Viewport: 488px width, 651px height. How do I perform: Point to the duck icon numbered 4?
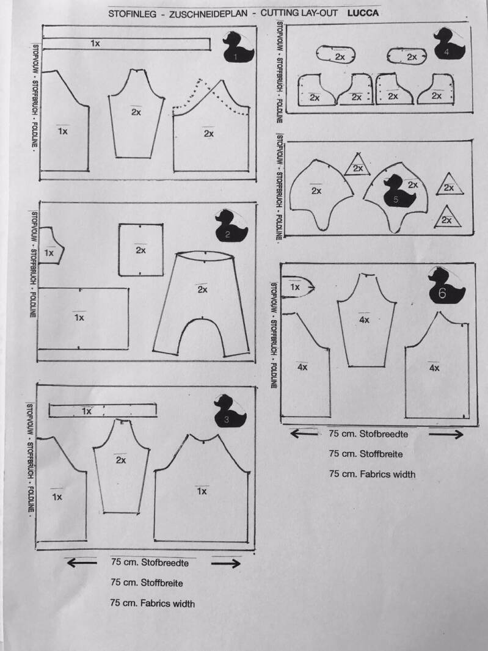pyautogui.click(x=448, y=45)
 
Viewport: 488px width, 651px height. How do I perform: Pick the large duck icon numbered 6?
pyautogui.click(x=443, y=286)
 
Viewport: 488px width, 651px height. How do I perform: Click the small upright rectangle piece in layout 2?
pyautogui.click(x=140, y=249)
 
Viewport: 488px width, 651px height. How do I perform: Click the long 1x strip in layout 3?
pyautogui.click(x=103, y=411)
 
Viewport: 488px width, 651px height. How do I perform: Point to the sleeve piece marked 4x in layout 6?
pyautogui.click(x=364, y=321)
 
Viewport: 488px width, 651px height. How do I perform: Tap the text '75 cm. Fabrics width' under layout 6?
pyautogui.click(x=371, y=473)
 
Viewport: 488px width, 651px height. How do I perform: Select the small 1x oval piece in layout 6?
pyautogui.click(x=297, y=286)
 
